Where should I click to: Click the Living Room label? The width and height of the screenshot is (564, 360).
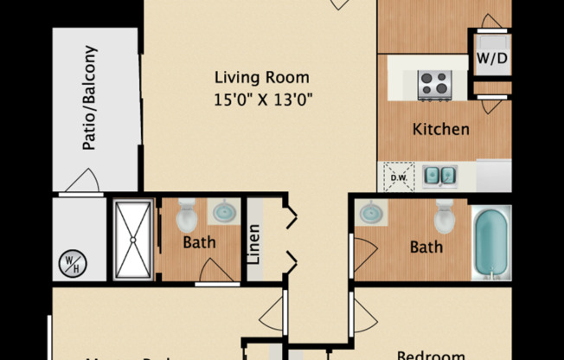click(x=261, y=77)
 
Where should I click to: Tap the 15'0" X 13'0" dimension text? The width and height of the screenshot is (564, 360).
click(x=261, y=99)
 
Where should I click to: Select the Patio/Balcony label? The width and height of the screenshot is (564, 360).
click(x=90, y=98)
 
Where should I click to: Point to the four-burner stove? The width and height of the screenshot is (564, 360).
click(x=435, y=84)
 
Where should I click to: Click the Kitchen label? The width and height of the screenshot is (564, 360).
click(x=440, y=130)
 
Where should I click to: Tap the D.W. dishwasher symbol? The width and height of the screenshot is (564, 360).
click(x=399, y=177)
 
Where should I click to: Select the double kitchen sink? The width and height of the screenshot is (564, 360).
click(x=439, y=177)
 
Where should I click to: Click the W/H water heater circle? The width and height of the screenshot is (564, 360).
click(x=69, y=261)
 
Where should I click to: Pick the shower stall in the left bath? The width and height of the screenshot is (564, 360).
click(x=132, y=240)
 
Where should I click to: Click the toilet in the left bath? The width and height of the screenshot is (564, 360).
click(x=187, y=216)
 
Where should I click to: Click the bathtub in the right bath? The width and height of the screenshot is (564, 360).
click(x=490, y=243)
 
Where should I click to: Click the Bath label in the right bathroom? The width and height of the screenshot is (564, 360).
click(x=426, y=247)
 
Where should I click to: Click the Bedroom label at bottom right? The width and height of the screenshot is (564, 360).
click(x=430, y=354)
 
